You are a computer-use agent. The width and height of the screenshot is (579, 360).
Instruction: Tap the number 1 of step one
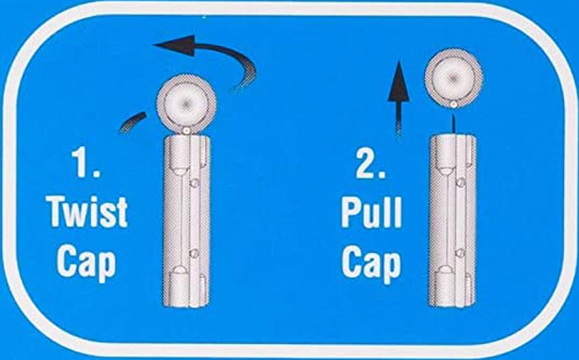(86, 161)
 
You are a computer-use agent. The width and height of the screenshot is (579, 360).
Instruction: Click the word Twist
(88, 212)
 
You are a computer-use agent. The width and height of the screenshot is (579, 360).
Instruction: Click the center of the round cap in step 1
(186, 103)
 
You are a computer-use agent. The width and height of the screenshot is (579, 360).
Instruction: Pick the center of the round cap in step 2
(453, 78)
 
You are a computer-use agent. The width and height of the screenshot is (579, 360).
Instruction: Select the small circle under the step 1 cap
(187, 130)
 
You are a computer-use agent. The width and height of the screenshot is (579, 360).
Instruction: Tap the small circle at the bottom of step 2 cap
(453, 105)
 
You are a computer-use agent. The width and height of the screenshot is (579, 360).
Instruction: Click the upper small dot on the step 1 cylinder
(194, 183)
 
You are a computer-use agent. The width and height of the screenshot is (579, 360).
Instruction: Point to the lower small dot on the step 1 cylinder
(194, 253)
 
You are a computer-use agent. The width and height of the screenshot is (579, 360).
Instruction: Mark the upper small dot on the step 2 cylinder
(460, 182)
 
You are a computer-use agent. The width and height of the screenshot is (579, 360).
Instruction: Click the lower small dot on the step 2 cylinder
(460, 253)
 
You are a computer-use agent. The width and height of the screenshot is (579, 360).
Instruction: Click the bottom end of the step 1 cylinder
(186, 307)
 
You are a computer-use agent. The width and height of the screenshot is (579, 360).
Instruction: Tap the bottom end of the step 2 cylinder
(452, 307)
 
